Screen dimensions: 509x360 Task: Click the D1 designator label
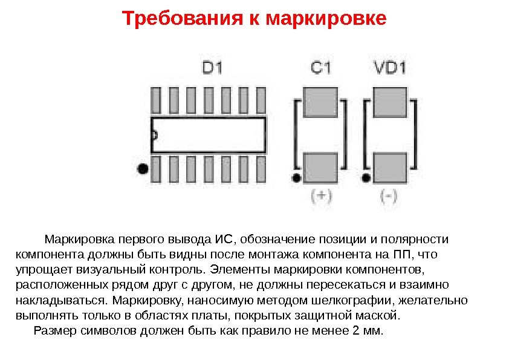212,67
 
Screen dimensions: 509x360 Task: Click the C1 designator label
320,67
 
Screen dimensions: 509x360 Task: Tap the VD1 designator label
389,67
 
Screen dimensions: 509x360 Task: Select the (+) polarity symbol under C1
321,196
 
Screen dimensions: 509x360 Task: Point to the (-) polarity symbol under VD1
389,196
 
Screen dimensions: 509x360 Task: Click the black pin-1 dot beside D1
143,169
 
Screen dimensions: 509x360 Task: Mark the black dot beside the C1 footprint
296,177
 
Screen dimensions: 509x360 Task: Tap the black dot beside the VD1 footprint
365,177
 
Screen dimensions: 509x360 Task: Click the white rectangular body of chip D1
209,135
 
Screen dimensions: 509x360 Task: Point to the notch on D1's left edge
154,135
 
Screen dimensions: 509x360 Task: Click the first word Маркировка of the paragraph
79,238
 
